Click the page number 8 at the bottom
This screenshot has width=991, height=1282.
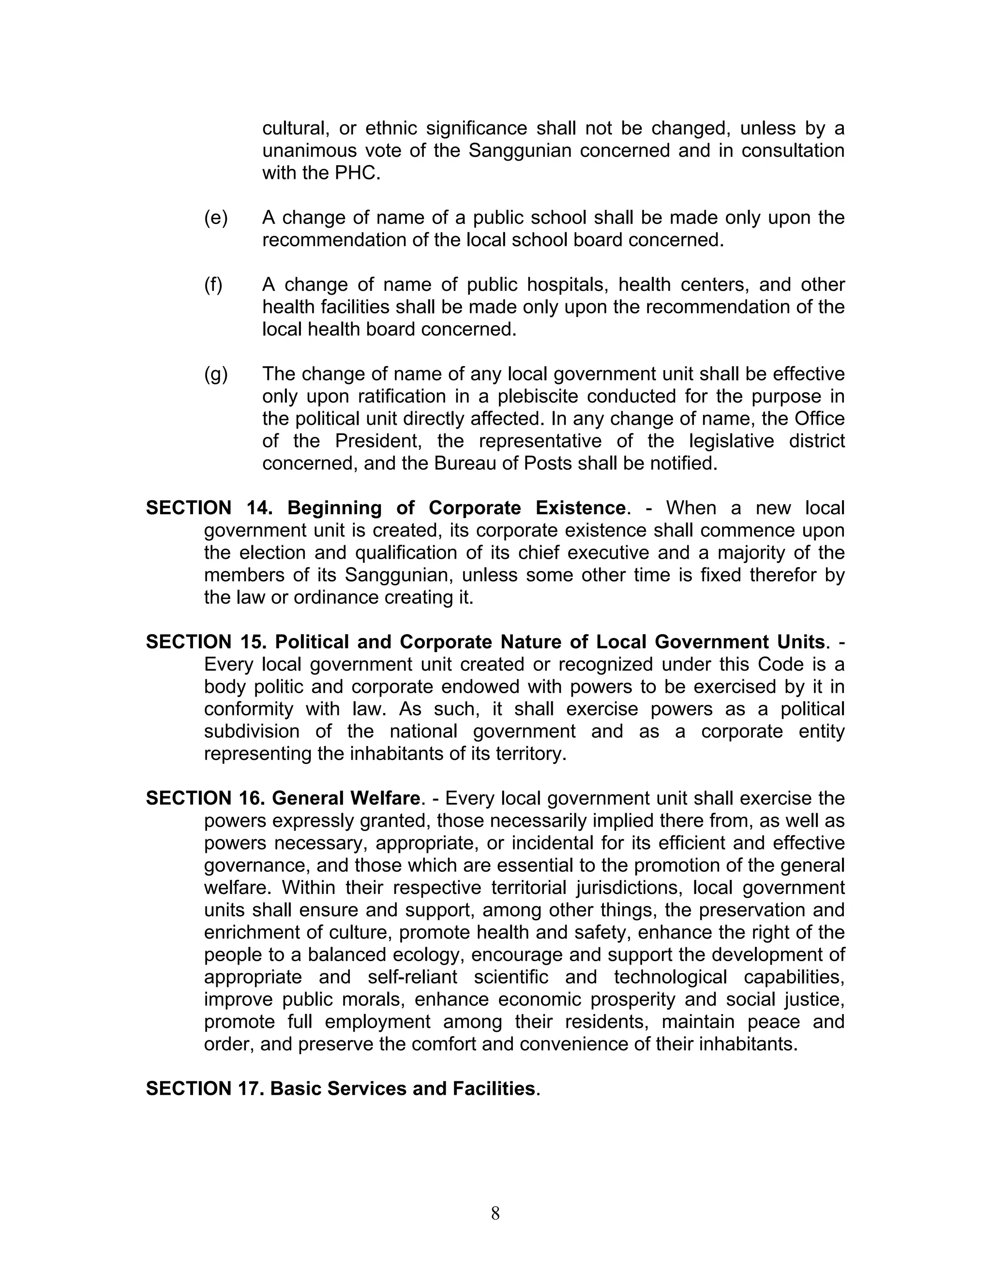(495, 1213)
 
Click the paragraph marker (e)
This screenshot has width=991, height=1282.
(215, 218)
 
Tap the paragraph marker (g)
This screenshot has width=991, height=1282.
(215, 374)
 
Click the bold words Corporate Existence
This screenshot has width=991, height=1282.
(526, 508)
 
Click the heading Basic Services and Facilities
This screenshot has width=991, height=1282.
(402, 1088)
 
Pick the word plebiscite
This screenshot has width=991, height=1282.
(537, 396)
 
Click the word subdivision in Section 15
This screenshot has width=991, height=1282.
(251, 731)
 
